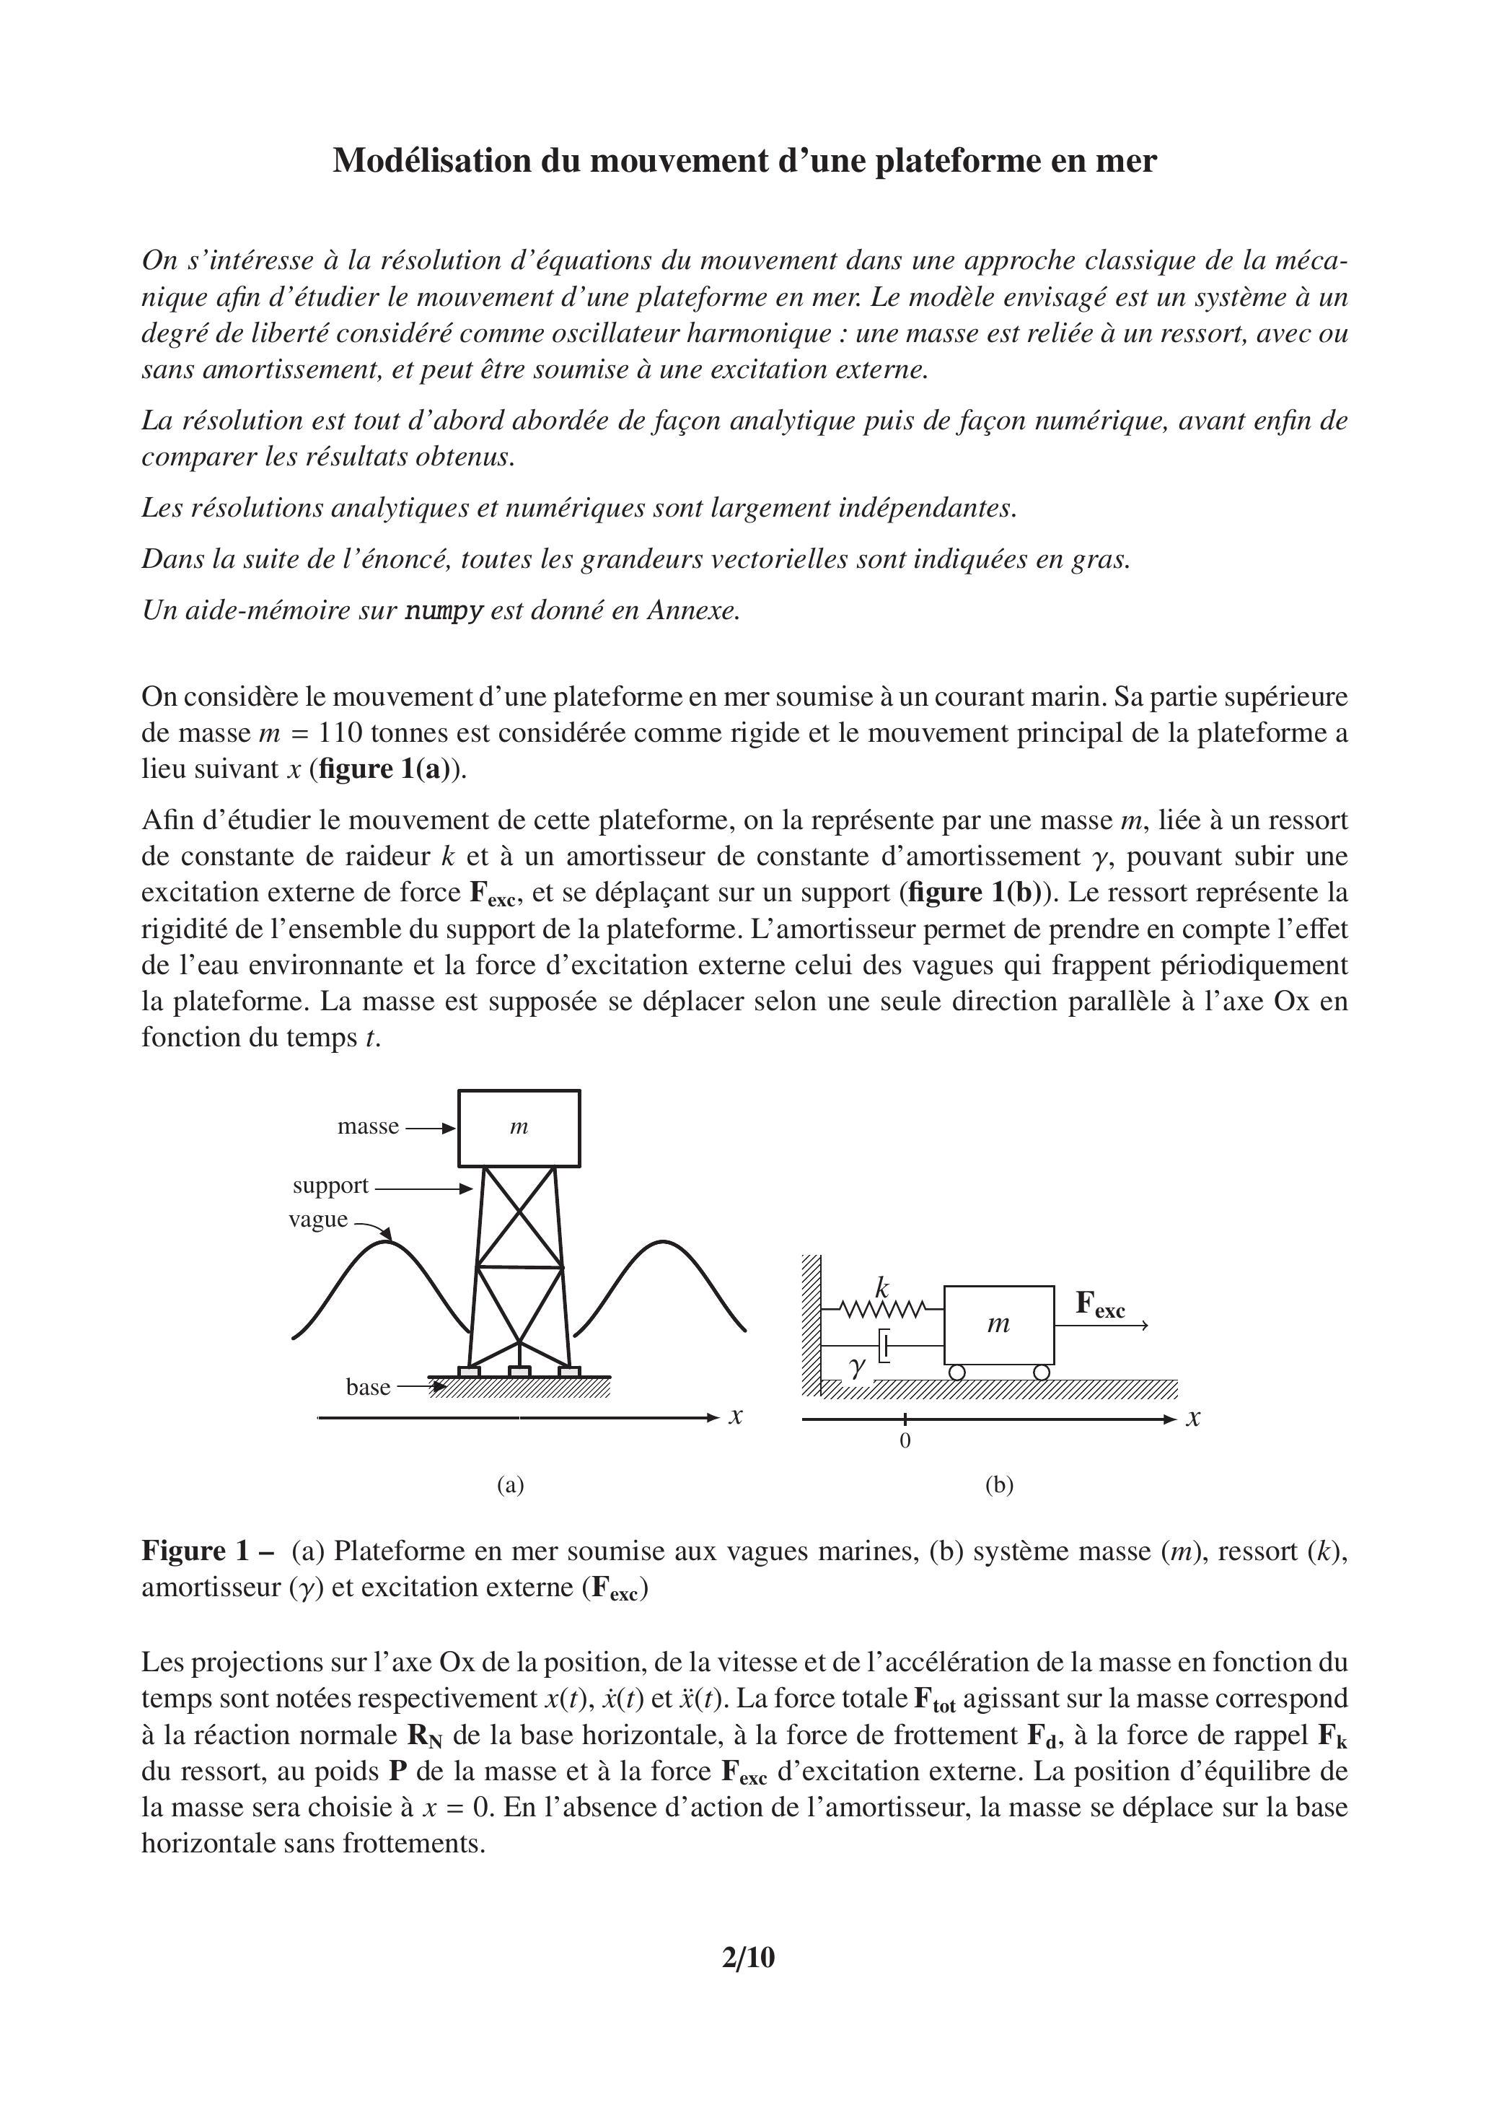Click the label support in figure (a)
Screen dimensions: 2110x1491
330,1186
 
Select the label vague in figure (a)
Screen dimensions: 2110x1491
318,1220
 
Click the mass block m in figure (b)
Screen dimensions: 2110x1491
998,1324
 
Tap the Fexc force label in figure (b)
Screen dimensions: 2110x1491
1099,1304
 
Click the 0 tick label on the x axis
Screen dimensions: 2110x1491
905,1442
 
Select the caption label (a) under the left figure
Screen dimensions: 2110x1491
510,1485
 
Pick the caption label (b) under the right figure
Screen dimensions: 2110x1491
998,1485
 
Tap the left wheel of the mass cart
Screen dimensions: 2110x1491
956,1372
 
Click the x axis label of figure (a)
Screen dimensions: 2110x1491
735,1416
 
